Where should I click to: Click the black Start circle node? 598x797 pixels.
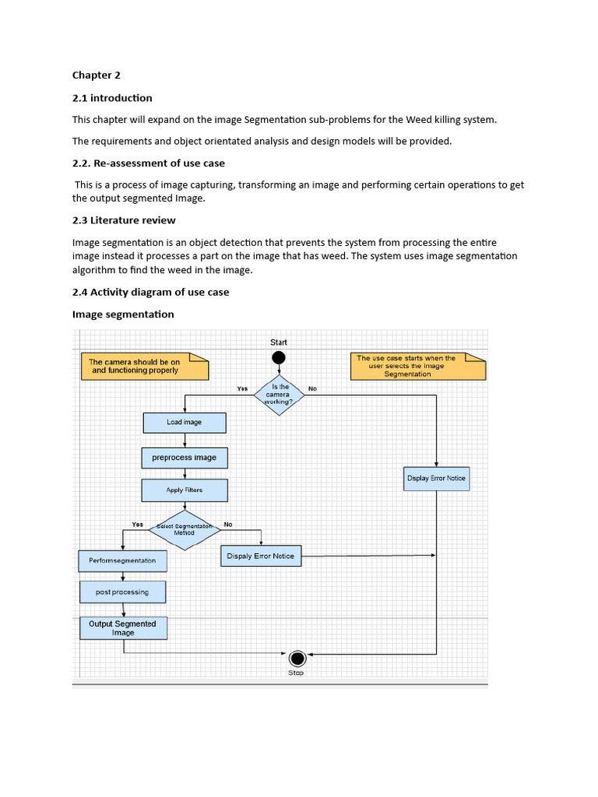pos(278,358)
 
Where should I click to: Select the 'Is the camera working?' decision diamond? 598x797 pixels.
pos(280,395)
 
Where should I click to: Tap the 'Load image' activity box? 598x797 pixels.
pos(185,423)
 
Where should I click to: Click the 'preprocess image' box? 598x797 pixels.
pos(185,458)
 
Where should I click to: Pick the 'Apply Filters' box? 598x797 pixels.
pos(185,490)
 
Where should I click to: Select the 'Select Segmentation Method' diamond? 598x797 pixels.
pos(185,530)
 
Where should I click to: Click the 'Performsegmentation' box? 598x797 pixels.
pos(122,560)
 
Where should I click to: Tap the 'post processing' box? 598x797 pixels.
pos(122,592)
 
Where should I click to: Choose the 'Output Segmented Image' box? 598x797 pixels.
pos(122,628)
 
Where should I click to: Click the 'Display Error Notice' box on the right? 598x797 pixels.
pos(436,479)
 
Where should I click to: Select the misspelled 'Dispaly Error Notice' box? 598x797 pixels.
pos(261,556)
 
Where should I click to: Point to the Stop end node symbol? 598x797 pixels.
pos(296,658)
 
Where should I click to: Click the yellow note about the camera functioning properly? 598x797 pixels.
pos(144,367)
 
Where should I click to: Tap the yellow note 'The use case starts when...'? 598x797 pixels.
pos(417,367)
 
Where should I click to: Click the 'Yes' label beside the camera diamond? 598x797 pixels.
pos(242,388)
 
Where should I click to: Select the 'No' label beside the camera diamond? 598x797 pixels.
pos(313,388)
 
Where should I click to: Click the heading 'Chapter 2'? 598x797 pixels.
pos(97,75)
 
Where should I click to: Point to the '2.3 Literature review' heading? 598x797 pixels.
pos(124,220)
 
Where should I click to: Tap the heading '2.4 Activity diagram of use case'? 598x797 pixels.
pos(150,292)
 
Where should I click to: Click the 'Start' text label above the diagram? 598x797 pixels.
pos(278,342)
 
